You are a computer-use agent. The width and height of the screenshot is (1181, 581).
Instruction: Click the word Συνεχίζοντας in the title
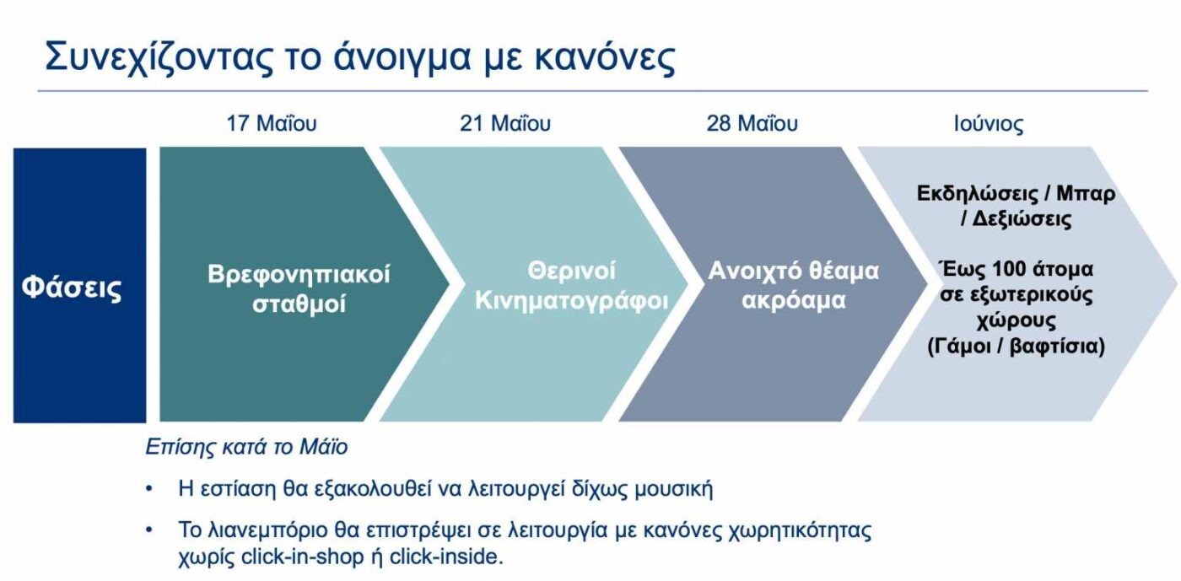pyautogui.click(x=159, y=57)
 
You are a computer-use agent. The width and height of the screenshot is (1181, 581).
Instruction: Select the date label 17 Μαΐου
pyautogui.click(x=271, y=123)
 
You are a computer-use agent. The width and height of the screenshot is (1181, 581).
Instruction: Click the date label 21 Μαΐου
pyautogui.click(x=505, y=123)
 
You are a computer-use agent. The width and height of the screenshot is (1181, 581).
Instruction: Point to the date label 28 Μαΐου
pyautogui.click(x=752, y=123)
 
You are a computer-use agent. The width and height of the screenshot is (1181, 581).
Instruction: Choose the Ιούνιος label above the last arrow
pyautogui.click(x=989, y=124)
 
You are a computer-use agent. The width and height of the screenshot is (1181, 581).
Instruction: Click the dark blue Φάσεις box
pyautogui.click(x=79, y=285)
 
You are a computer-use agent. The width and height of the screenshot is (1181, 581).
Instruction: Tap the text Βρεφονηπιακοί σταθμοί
pyautogui.click(x=299, y=288)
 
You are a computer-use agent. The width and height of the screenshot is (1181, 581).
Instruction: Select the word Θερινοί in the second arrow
pyautogui.click(x=572, y=271)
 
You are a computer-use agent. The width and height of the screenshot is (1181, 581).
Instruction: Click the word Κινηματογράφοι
pyautogui.click(x=572, y=300)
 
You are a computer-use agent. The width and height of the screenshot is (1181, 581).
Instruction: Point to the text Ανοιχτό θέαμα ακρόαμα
pyautogui.click(x=794, y=285)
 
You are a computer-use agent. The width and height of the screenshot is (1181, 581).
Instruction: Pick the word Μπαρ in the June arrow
pyautogui.click(x=1086, y=193)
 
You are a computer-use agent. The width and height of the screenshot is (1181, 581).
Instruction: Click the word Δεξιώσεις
pyautogui.click(x=1022, y=218)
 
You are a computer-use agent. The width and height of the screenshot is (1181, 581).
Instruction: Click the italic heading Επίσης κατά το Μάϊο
pyautogui.click(x=246, y=447)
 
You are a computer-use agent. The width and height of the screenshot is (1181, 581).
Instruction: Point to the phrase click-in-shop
pyautogui.click(x=302, y=557)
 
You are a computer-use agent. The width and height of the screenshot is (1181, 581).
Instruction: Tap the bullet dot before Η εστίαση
pyautogui.click(x=149, y=489)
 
